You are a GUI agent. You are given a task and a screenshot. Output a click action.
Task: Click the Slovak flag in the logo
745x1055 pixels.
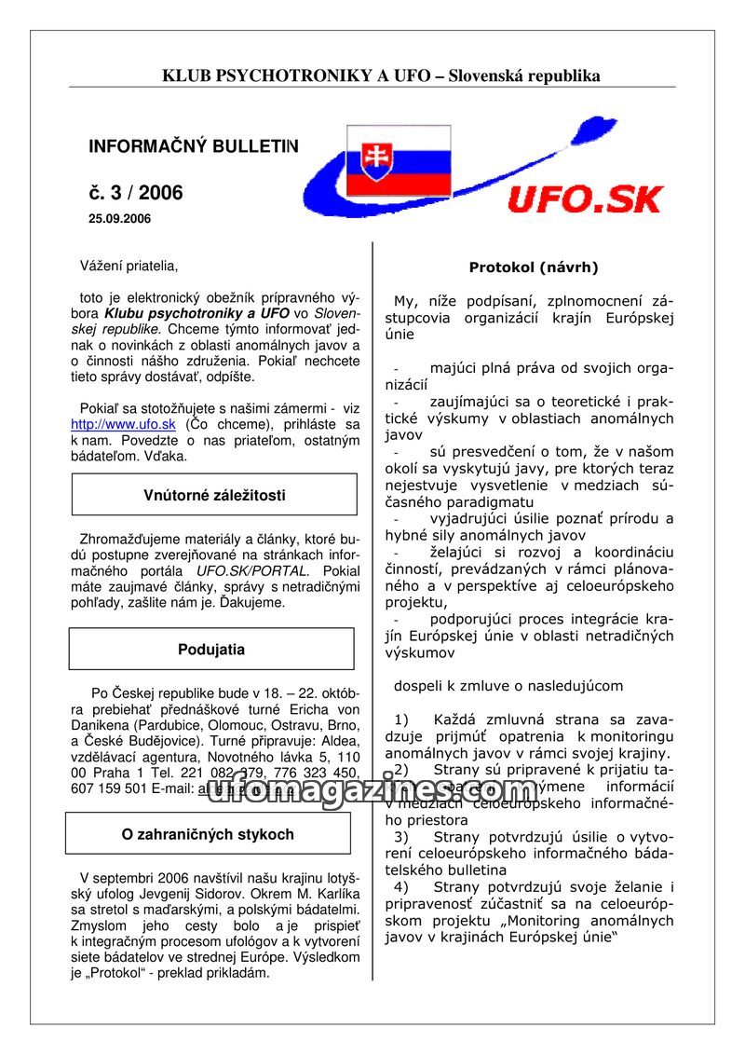coord(398,160)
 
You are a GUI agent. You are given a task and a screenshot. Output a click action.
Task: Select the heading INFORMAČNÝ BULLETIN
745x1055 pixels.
coord(194,146)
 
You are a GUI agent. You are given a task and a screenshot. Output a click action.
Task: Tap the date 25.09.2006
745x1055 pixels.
coord(119,219)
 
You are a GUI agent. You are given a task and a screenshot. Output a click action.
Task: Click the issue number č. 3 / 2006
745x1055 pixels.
coord(136,193)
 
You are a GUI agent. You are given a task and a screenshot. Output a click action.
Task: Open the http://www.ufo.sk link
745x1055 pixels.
coord(123,424)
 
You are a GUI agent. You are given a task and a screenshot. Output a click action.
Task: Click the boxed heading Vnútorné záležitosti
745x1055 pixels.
coord(214,495)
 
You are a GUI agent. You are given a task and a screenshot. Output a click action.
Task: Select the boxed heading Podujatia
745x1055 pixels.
coord(211,650)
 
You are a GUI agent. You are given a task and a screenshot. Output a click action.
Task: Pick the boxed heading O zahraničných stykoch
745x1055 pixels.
coord(208,834)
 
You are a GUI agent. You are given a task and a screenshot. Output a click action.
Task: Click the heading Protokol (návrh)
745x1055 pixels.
coord(534,267)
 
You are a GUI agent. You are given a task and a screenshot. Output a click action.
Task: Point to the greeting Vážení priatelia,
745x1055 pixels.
coord(129,267)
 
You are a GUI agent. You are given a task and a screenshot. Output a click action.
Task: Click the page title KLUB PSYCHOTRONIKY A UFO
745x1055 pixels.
coord(298,75)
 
